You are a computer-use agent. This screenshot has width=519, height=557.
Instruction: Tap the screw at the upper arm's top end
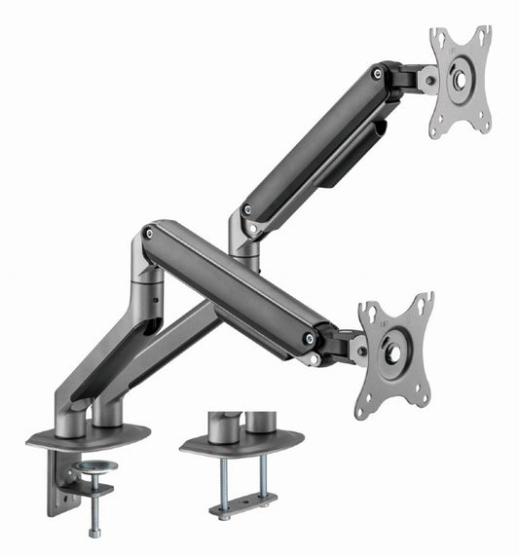pos(377,72)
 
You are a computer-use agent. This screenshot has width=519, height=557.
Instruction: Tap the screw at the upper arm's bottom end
pos(246,209)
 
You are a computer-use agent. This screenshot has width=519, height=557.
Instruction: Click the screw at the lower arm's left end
pos(148,234)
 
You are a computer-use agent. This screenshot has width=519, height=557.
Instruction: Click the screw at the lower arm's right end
pos(310,339)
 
